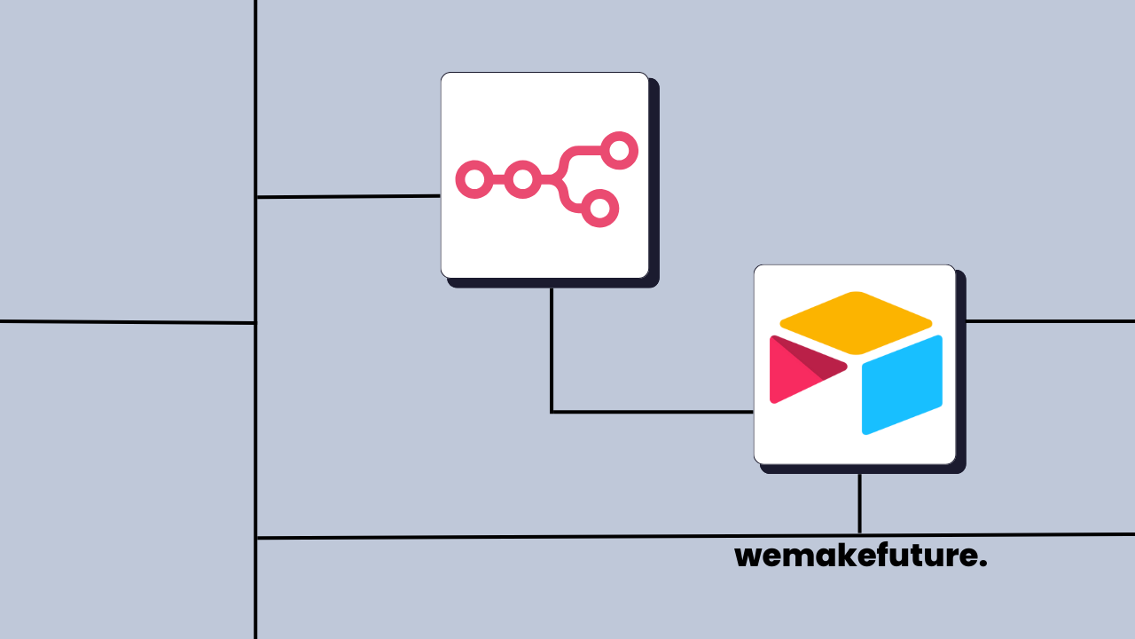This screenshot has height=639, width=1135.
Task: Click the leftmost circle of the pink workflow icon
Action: point(474,180)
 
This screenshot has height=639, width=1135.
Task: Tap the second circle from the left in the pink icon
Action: point(523,180)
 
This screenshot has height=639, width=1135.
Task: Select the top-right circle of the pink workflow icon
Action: point(619,151)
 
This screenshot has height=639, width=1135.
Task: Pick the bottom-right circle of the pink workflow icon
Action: point(599,209)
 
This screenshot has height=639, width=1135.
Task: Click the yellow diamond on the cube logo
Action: point(856,322)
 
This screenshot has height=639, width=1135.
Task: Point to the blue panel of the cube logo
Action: point(902,385)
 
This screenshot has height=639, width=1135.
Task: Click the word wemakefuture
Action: point(860,556)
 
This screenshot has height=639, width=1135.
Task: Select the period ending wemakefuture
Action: point(983,564)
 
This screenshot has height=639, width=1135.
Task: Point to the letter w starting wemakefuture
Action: point(748,557)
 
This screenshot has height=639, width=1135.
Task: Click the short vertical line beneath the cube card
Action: point(859,503)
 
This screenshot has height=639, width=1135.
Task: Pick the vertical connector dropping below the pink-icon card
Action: point(552,346)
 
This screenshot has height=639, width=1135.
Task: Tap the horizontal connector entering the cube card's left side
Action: point(656,412)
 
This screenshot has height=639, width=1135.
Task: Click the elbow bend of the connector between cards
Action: point(552,412)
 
